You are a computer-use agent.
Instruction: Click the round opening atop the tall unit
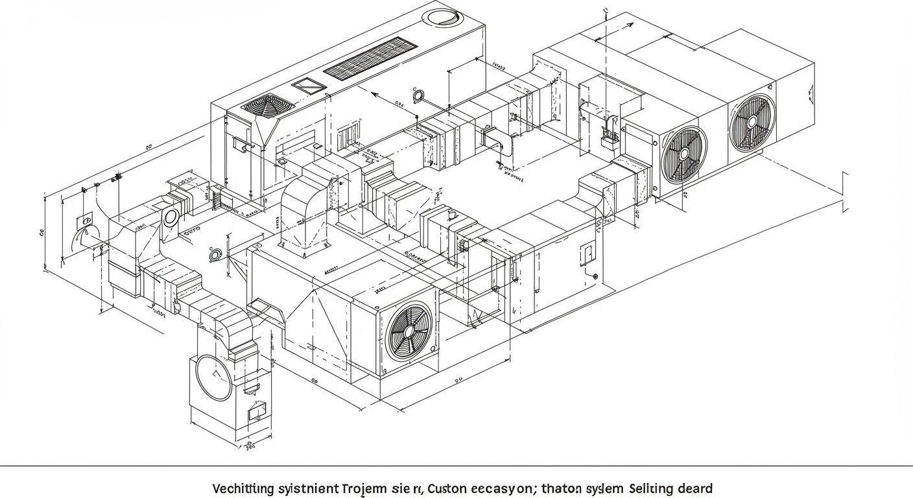(x=444, y=16)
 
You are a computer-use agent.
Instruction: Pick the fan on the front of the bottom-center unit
(x=409, y=331)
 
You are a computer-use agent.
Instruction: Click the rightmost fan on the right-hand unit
(x=752, y=122)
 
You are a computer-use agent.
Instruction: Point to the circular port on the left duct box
(x=171, y=217)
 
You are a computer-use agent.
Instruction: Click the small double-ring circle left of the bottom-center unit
(x=215, y=255)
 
